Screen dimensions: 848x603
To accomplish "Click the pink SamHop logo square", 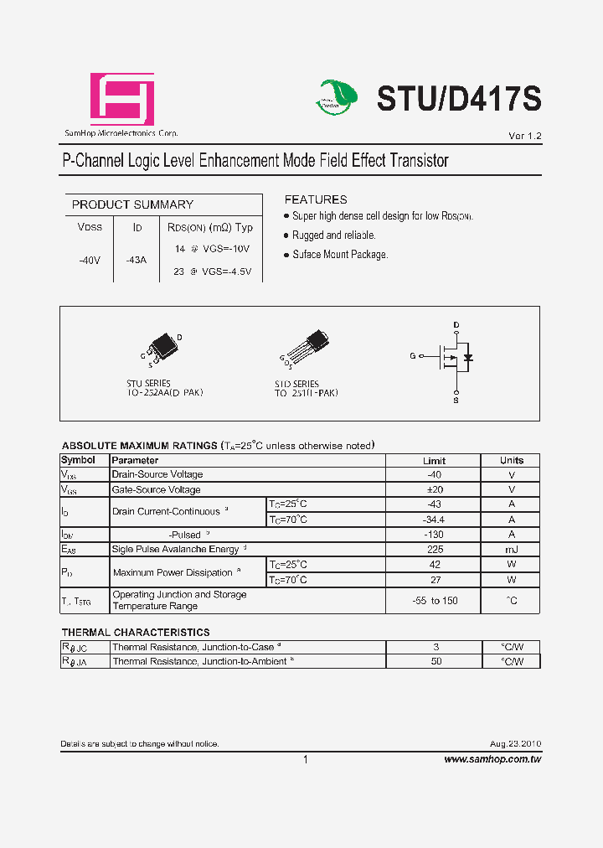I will coord(122,100).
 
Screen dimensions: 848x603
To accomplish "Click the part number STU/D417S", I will coord(459,99).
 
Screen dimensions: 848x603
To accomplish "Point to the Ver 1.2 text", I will coord(525,136).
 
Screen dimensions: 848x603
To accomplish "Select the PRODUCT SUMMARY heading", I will coord(132,204).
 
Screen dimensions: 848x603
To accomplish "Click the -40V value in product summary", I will coord(90,260).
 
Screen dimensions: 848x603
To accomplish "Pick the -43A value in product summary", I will coord(136,260).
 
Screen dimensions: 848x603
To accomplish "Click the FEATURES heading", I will coord(316,199).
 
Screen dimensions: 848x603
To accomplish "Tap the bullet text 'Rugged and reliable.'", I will coord(333,235).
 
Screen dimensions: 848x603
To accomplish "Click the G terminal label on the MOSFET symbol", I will coord(412,356).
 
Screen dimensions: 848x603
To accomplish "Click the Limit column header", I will coord(434,460).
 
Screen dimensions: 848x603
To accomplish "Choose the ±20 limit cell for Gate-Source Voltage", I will coord(434,489).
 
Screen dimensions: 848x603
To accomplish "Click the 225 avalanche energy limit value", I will coord(434,550).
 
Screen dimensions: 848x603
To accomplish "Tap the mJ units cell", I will coord(511,550).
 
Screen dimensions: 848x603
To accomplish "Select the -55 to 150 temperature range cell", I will coord(434,601).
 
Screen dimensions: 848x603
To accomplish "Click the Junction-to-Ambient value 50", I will coord(436,662).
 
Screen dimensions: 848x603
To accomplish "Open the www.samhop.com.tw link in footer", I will coord(492,759).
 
